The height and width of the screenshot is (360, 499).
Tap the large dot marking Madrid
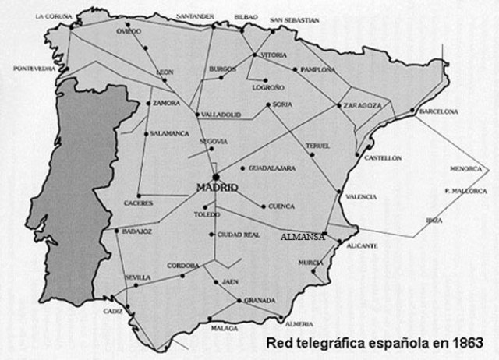[216, 176]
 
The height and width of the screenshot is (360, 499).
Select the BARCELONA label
[438, 112]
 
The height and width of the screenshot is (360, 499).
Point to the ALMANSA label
[303, 236]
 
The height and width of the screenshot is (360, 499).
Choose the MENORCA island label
[465, 168]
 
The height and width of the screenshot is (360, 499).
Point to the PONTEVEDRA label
[34, 69]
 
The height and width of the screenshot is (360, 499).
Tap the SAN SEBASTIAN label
[294, 19]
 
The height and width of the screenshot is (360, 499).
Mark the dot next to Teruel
[311, 154]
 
